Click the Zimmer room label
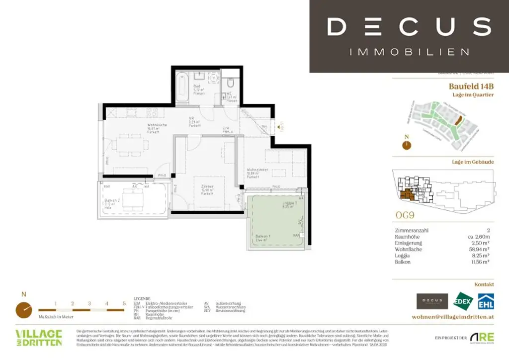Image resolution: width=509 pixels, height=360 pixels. click(x=207, y=186)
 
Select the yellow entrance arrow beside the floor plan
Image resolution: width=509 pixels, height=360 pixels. click(x=279, y=127)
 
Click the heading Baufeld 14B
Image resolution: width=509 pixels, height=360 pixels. click(x=471, y=86)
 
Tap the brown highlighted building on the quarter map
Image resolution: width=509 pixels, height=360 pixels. click(x=460, y=120)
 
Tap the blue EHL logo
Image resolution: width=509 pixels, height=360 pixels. click(x=485, y=301)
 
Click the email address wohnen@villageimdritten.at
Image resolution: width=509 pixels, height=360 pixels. click(x=453, y=317)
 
